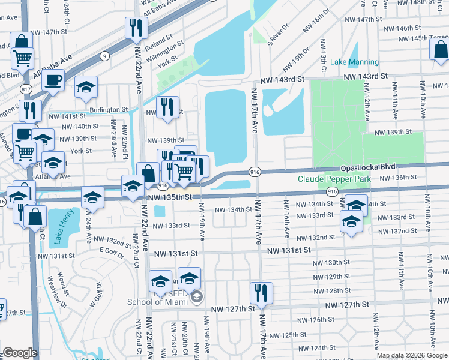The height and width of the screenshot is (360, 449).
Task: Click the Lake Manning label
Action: pyautogui.click(x=354, y=62)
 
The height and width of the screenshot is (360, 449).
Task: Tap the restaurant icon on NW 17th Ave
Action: pyautogui.click(x=261, y=293)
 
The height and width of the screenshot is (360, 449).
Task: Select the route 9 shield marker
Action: pyautogui.click(x=105, y=56)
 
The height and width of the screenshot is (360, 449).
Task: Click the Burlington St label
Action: pyautogui.click(x=109, y=110)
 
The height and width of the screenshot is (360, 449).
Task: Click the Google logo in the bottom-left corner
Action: pyautogui.click(x=20, y=353)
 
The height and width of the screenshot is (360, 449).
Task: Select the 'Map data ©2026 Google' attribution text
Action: pyautogui.click(x=412, y=355)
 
